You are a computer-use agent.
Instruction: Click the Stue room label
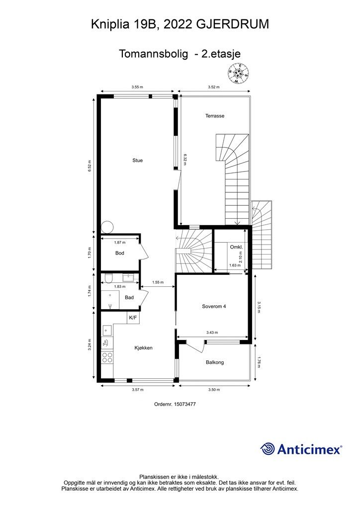tap(137, 161)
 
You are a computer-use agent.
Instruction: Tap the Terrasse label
tap(215, 116)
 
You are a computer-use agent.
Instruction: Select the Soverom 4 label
tap(214, 306)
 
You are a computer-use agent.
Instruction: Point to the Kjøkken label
tap(144, 348)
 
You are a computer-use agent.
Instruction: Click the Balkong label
tap(215, 362)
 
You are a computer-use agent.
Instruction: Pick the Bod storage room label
tap(120, 253)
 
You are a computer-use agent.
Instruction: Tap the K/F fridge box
tap(133, 318)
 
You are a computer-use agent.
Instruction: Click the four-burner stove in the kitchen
tap(107, 358)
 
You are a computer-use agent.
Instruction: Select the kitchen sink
tap(107, 331)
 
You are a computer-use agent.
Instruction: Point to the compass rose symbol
tap(238, 74)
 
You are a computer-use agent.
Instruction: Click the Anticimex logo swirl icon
tap(268, 449)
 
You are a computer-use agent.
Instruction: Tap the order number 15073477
tap(185, 405)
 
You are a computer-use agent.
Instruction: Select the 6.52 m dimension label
tap(90, 166)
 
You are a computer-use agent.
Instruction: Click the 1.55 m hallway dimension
tap(158, 282)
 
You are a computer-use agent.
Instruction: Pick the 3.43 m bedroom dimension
tap(212, 333)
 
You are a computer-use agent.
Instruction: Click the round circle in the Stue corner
tap(107, 227)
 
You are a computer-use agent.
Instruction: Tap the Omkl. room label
tap(236, 248)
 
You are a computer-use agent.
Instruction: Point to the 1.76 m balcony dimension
tap(259, 362)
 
